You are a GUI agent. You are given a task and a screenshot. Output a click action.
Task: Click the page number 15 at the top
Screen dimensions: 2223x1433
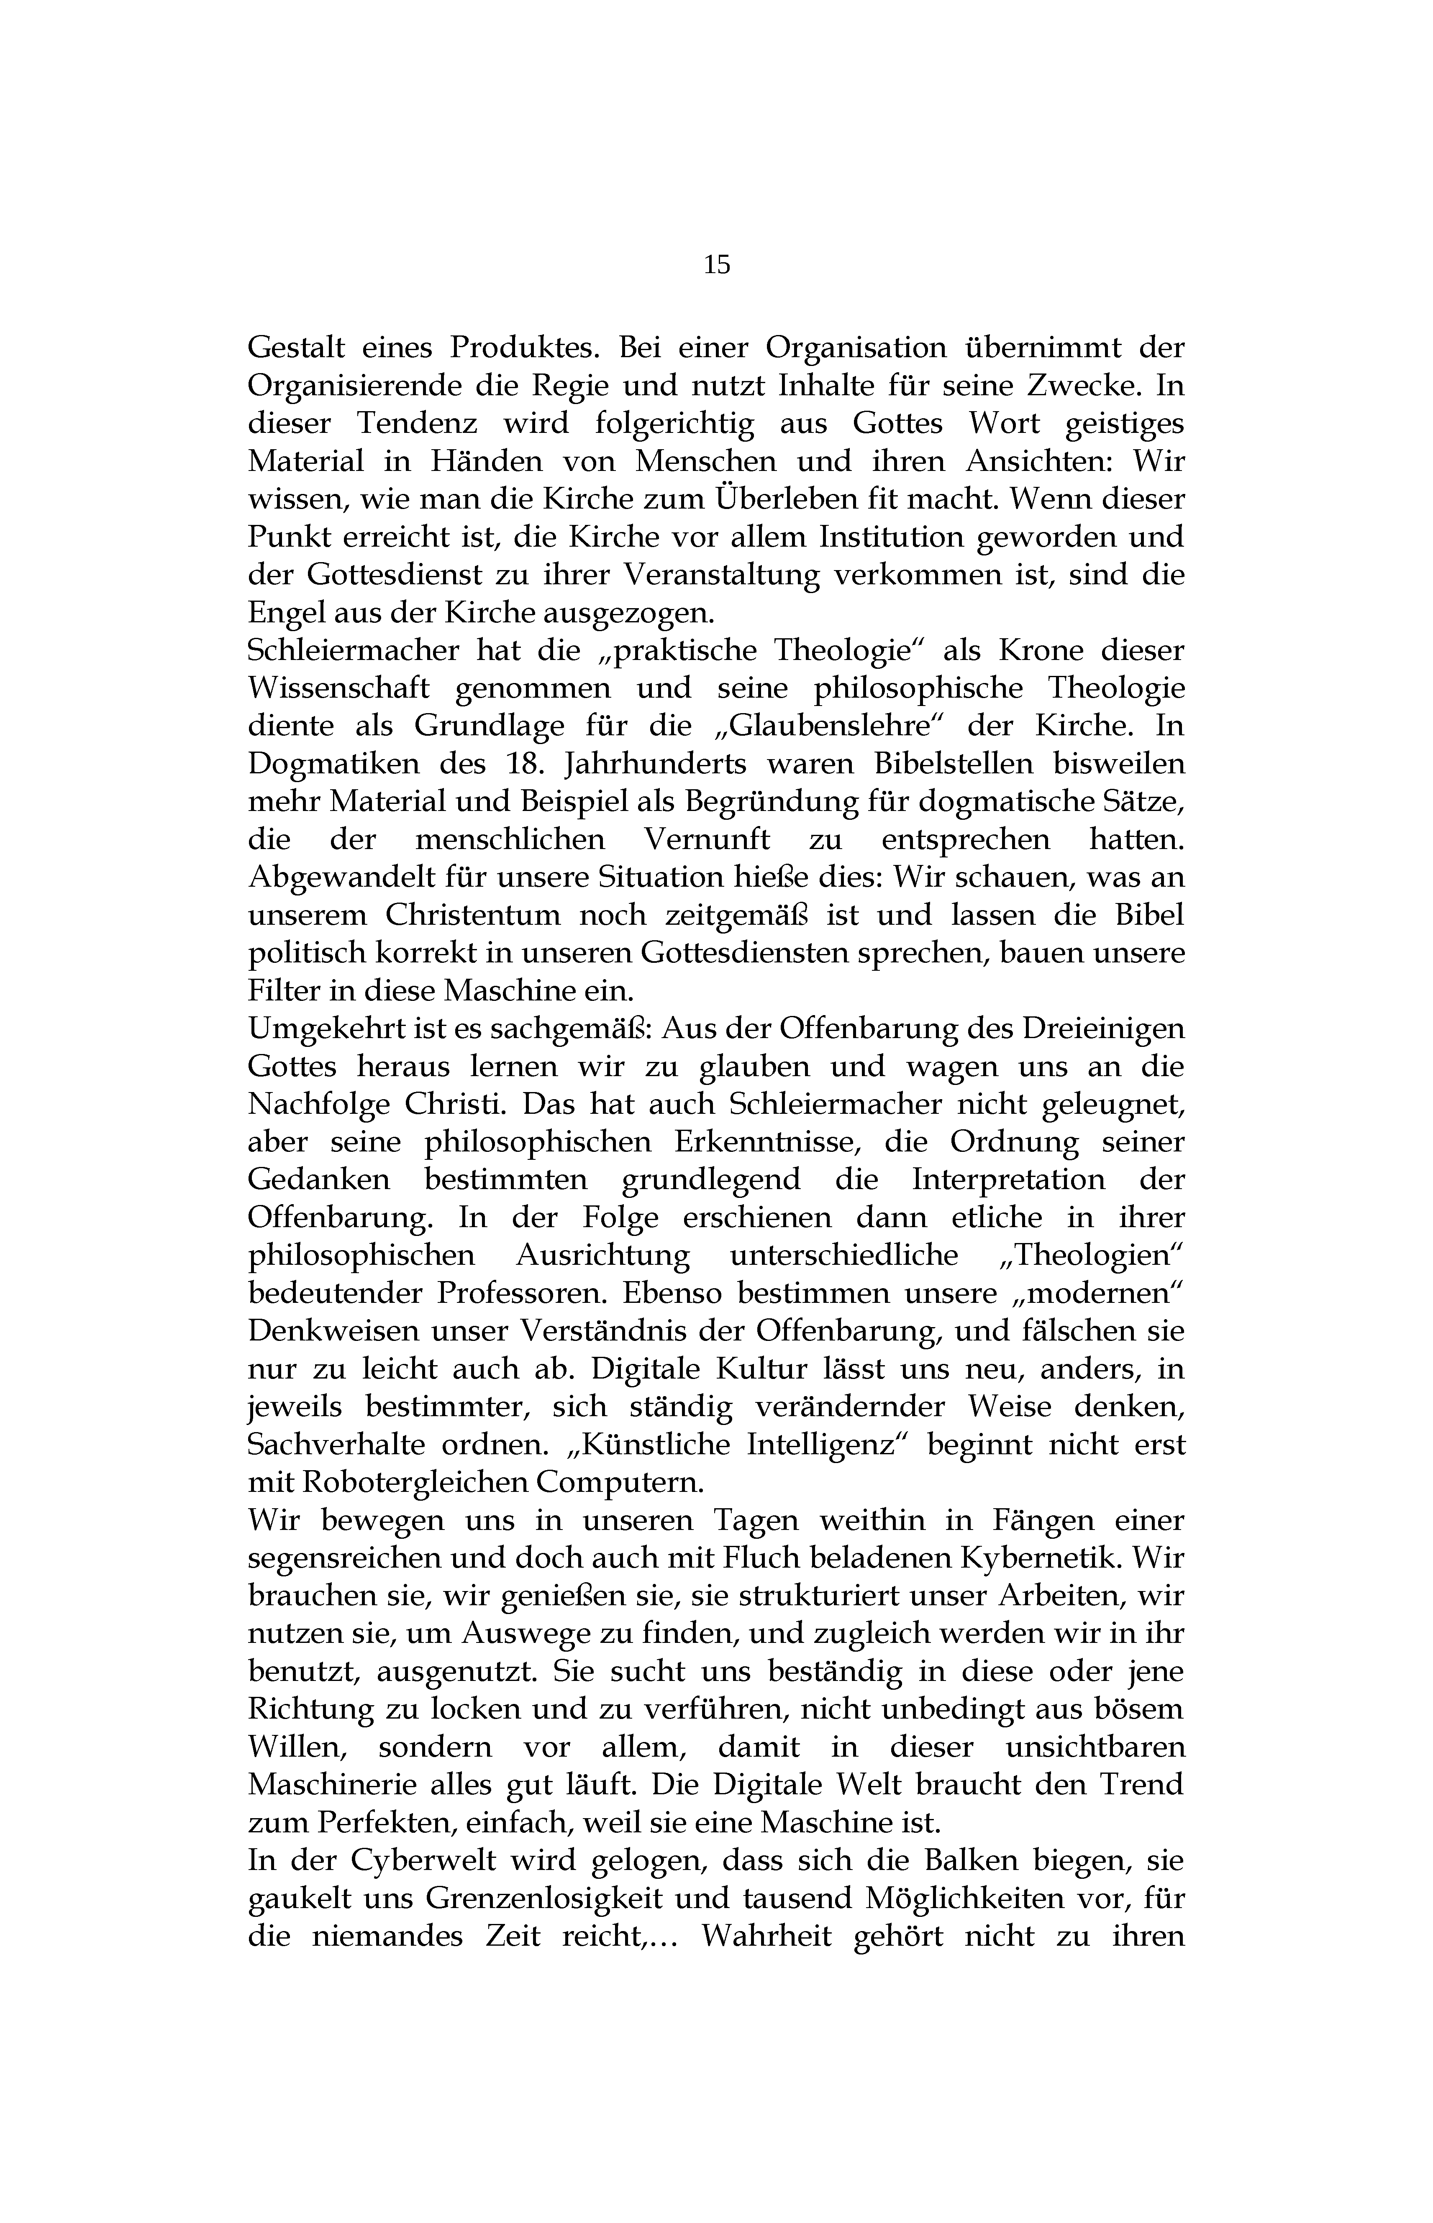716,265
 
